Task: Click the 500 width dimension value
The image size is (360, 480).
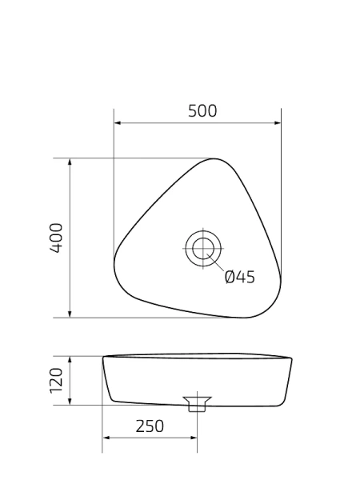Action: (x=202, y=111)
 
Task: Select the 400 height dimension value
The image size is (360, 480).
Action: (x=57, y=238)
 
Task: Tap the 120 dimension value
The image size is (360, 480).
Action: (x=57, y=381)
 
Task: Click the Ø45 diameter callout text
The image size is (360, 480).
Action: (x=239, y=277)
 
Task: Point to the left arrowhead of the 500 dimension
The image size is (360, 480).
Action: (x=118, y=123)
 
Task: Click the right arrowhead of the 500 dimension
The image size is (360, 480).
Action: (x=278, y=123)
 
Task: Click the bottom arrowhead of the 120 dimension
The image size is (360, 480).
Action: (x=70, y=401)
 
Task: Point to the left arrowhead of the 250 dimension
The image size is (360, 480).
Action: (x=106, y=438)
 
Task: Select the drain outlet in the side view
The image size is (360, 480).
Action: (x=197, y=402)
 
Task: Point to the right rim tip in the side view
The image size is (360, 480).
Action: (x=290, y=358)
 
